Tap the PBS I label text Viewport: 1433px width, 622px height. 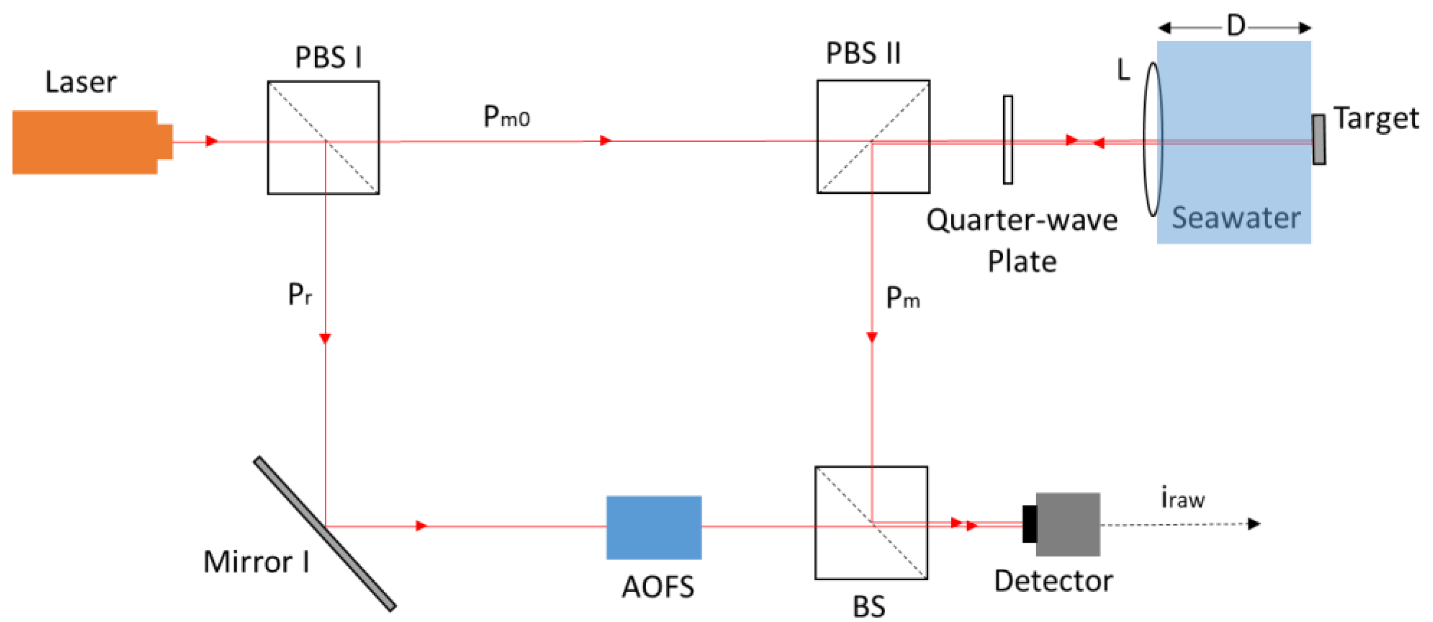pyautogui.click(x=328, y=57)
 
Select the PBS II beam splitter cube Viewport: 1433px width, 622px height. pyautogui.click(x=873, y=137)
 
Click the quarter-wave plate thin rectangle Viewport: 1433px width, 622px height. pyautogui.click(x=1007, y=140)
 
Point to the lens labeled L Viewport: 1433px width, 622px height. pyautogui.click(x=1153, y=139)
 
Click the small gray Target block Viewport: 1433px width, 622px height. pyautogui.click(x=1318, y=140)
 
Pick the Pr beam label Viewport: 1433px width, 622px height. pyautogui.click(x=300, y=294)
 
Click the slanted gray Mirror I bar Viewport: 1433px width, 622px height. pyautogui.click(x=325, y=534)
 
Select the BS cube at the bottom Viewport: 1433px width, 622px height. pyautogui.click(x=871, y=523)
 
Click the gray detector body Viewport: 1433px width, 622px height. pyautogui.click(x=1067, y=524)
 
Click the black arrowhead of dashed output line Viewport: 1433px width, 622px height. pyautogui.click(x=1254, y=524)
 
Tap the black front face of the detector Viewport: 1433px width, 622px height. pyautogui.click(x=1029, y=524)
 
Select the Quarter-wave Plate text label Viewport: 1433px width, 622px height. pyautogui.click(x=1022, y=240)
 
